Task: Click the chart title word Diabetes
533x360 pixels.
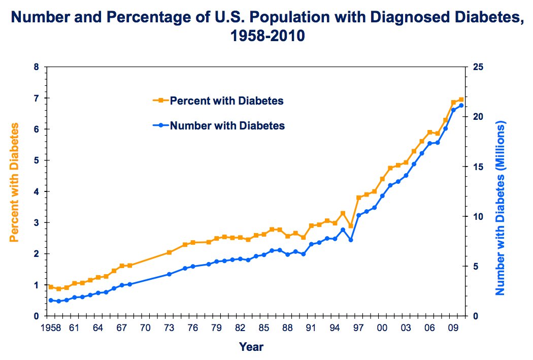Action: click(485, 19)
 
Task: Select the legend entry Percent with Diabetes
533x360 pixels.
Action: click(226, 101)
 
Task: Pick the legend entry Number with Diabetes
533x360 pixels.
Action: click(227, 125)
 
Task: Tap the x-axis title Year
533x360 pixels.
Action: click(251, 347)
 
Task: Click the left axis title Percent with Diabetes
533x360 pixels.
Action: click(15, 182)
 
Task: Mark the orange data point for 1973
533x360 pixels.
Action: click(169, 252)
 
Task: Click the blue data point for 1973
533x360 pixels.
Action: click(169, 274)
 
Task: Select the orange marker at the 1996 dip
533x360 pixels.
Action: click(351, 225)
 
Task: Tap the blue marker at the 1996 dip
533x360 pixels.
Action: click(351, 240)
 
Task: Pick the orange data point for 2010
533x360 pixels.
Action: click(461, 100)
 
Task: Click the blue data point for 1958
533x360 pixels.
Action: click(50, 300)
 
